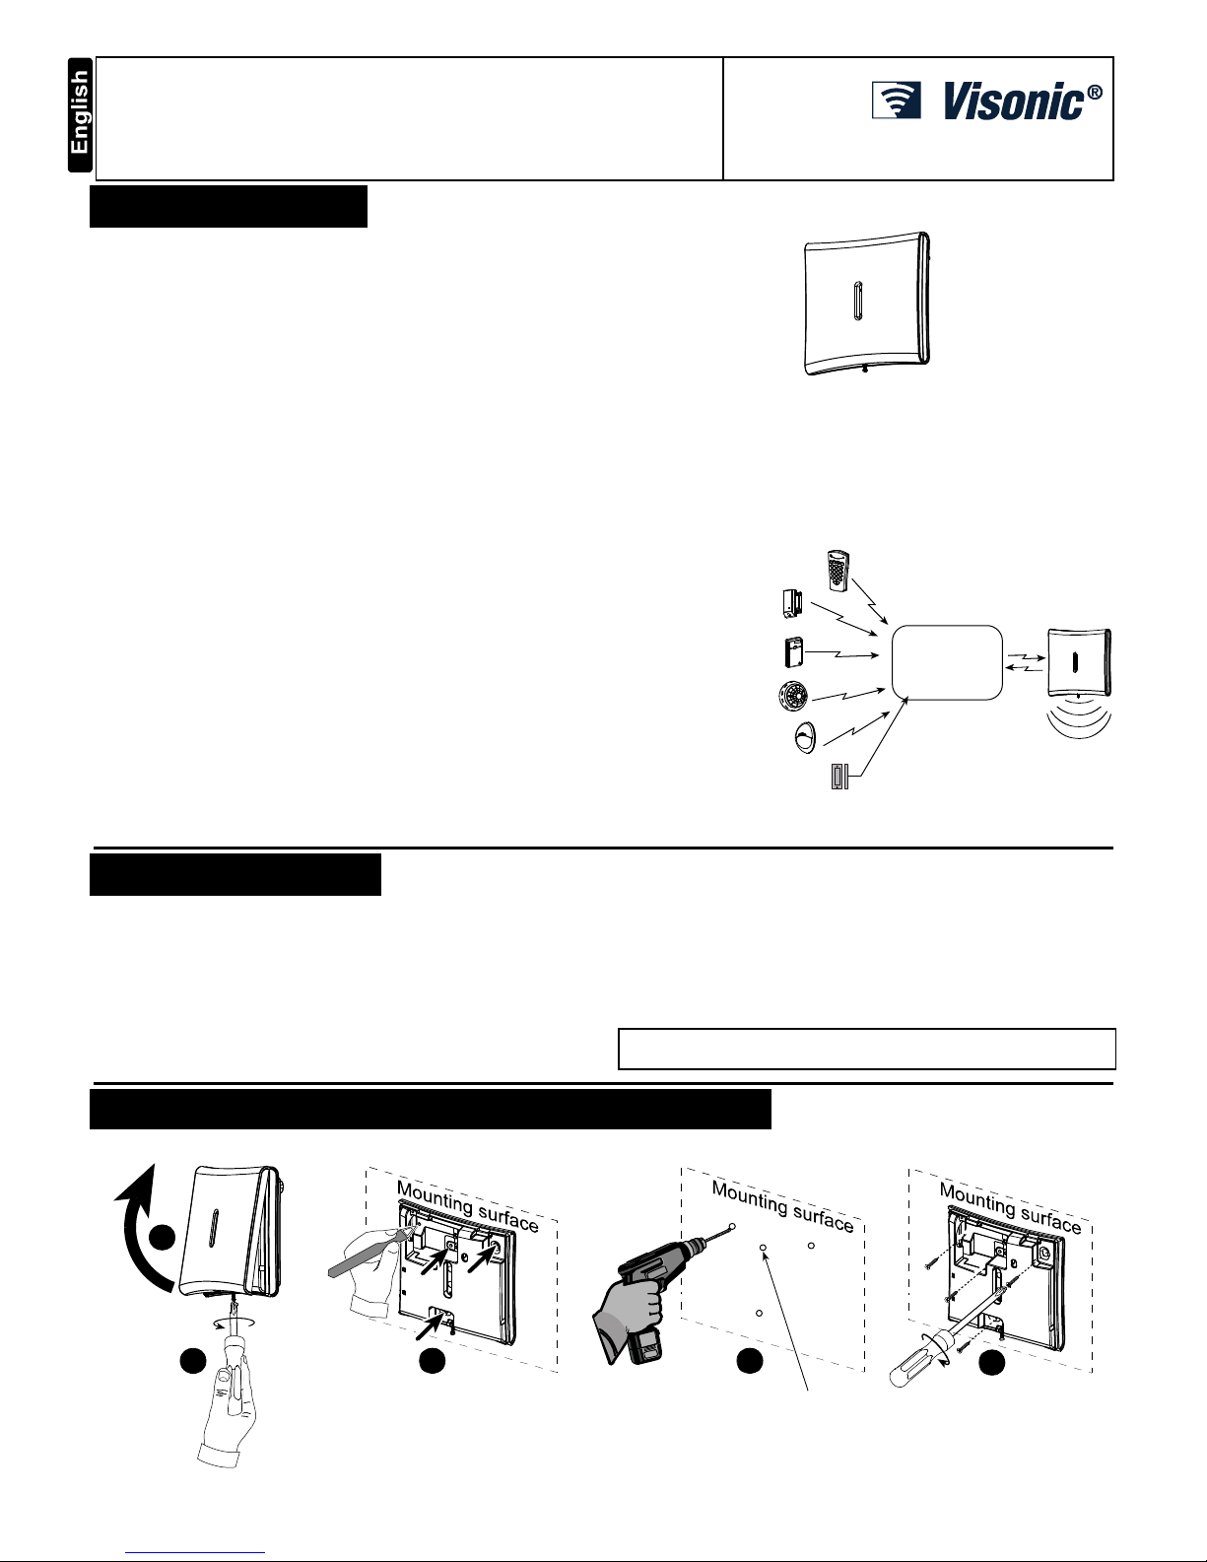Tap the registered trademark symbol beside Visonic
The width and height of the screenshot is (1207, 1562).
point(1094,95)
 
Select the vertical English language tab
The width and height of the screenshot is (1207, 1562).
point(80,115)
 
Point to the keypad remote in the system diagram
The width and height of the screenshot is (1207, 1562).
point(837,572)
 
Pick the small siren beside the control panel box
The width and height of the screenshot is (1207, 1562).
point(1080,660)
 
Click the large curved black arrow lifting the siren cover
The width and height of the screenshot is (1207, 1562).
point(139,1242)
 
